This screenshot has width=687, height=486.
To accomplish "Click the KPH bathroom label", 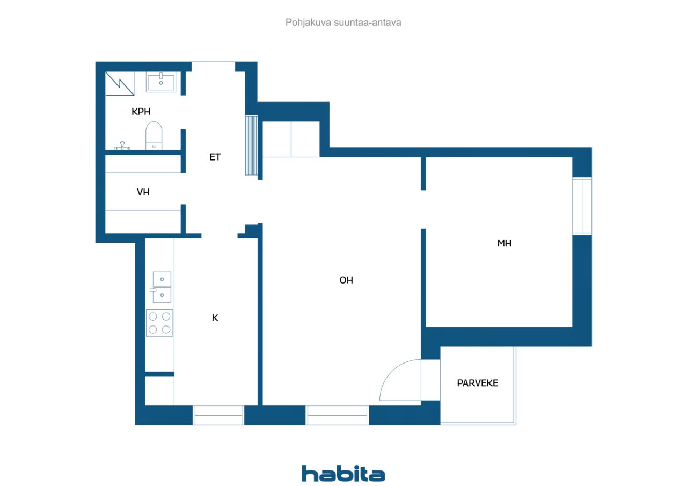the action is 141,111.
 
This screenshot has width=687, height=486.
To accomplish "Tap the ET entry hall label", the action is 215,157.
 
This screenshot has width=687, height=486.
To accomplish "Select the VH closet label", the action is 143,192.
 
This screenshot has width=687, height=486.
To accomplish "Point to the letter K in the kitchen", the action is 215,317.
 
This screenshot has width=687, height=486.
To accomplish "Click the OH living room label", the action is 346,280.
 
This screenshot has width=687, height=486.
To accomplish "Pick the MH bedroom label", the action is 504,243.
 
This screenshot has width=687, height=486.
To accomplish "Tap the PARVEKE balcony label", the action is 478,383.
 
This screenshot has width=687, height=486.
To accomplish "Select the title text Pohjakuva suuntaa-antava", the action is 343,23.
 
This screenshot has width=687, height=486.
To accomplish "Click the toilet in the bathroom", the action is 154,136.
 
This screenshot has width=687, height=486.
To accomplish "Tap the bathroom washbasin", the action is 161,82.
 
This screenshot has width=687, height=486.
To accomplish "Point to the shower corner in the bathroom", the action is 120,83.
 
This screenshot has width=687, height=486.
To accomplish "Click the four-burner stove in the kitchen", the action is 159,323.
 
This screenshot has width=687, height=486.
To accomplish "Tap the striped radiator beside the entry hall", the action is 251,146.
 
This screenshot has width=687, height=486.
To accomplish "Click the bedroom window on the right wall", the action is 582,206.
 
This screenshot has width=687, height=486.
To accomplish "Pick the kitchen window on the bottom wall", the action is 218,415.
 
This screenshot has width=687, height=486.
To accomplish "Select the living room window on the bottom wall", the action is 337,415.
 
